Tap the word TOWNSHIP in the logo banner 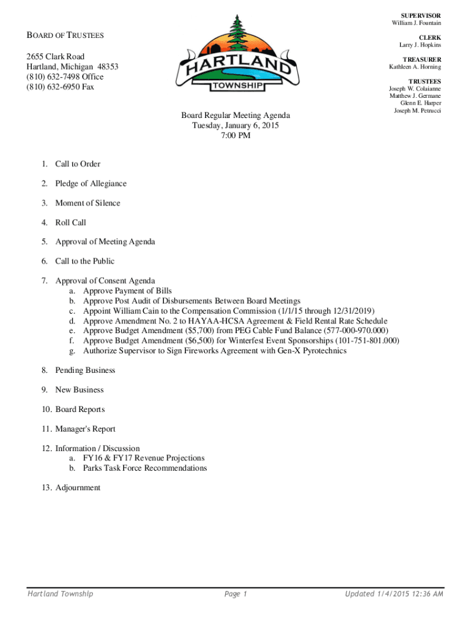239,87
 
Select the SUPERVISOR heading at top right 421,15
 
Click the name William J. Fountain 417,23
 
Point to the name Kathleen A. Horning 415,67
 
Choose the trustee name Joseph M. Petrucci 417,111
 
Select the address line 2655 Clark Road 56,57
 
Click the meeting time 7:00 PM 236,136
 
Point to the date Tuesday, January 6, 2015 236,125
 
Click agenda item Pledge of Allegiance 91,184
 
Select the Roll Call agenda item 70,223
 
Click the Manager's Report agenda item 85,429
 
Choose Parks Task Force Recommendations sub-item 145,468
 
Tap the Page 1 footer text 236,594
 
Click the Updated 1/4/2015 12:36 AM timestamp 395,594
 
